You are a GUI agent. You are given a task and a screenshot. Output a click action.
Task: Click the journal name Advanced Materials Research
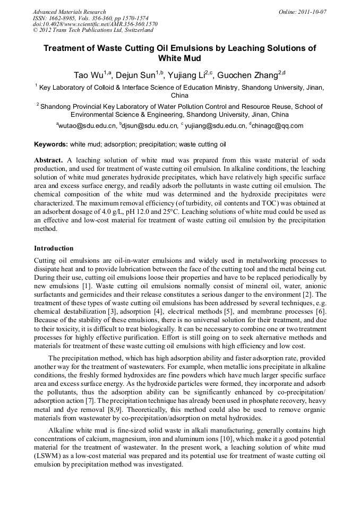point(69,12)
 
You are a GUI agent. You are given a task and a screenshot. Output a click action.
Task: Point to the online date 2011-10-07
point(311,12)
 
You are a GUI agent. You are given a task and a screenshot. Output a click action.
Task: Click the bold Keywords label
point(51,144)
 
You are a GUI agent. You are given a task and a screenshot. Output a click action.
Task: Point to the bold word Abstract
point(49,160)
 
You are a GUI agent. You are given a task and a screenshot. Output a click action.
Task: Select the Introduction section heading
point(54,248)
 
